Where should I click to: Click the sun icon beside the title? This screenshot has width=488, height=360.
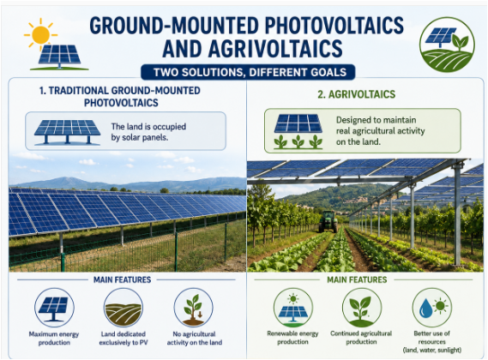point(40,34)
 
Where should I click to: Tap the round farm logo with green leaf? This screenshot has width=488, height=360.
point(447,45)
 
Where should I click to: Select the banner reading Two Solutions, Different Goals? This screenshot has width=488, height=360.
point(248,72)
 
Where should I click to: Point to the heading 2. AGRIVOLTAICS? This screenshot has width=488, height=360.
point(357,94)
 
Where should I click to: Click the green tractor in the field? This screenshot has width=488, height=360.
point(328,221)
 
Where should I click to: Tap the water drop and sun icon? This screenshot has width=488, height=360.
point(431,308)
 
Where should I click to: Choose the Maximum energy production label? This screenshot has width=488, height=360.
point(54,339)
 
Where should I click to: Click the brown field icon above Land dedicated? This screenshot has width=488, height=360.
point(124,308)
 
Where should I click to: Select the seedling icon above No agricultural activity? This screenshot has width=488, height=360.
point(193,308)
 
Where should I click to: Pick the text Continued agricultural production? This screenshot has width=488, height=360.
point(361,338)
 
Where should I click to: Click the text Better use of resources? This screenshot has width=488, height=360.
point(432,338)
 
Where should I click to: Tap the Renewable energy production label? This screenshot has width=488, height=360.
point(292,338)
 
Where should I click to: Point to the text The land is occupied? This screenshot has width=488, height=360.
point(148,127)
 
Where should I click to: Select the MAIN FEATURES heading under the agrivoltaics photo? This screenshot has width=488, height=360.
point(357,279)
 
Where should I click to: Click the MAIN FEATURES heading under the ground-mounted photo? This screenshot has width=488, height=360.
point(123,279)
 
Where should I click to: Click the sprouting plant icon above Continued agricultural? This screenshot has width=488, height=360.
point(362,308)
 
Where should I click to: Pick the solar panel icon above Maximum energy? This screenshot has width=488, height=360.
point(54,308)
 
